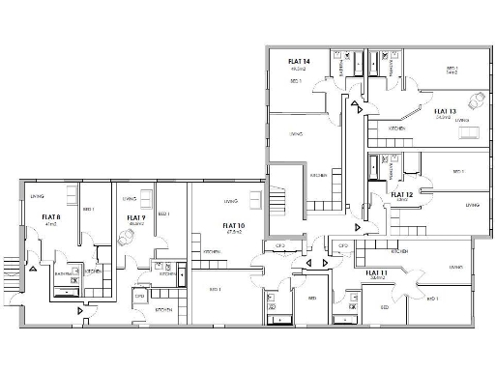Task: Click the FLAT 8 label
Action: (x=51, y=217)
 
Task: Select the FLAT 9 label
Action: (x=135, y=217)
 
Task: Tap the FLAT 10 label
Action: (x=233, y=226)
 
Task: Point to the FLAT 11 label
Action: (x=377, y=272)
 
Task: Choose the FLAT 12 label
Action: (x=402, y=194)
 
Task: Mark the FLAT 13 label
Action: (x=445, y=111)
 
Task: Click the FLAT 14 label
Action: (x=299, y=62)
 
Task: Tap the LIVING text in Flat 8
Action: (x=37, y=196)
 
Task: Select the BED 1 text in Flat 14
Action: (x=296, y=82)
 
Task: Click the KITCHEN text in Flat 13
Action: (x=397, y=128)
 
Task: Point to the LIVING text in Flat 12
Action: (x=472, y=205)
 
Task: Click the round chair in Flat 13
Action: (x=476, y=100)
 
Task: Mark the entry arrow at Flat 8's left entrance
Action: (x=34, y=268)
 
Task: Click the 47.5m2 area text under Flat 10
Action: (x=233, y=233)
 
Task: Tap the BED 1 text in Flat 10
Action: (x=215, y=289)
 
